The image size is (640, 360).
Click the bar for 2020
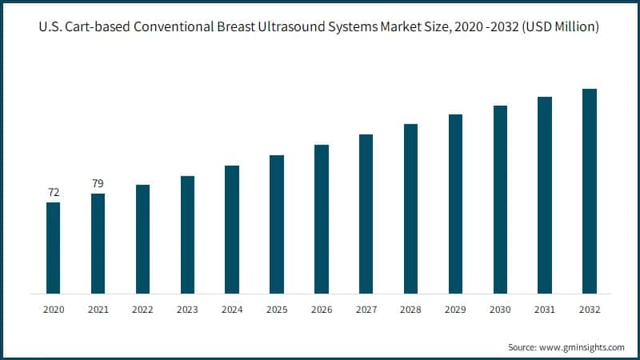coord(53,247)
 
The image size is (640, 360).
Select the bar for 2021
coord(98,243)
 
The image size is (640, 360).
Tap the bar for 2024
coord(232,229)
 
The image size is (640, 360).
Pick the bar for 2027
coord(366,214)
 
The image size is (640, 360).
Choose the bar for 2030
coord(500,199)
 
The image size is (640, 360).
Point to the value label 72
coord(53,193)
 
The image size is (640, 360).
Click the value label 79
coord(98,184)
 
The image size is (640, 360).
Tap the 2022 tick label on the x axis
coord(142,308)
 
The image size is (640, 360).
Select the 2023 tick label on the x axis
coord(187,308)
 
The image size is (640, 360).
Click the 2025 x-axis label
coord(277,308)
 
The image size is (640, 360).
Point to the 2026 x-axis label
coord(322,308)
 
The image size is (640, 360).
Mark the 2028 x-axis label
coord(410,308)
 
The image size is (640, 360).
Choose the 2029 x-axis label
coord(455,308)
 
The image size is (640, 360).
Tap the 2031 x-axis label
coord(545,308)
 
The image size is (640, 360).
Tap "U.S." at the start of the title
coord(50,27)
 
